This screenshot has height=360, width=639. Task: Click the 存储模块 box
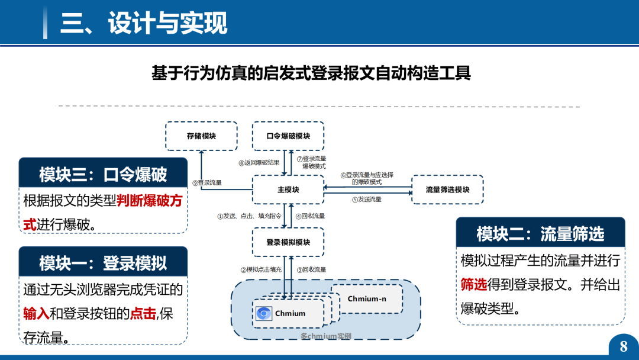(201, 136)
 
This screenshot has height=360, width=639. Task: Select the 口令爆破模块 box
(288, 136)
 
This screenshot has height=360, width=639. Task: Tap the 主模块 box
(288, 190)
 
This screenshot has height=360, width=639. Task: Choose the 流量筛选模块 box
(447, 190)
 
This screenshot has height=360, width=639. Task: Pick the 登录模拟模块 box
(288, 242)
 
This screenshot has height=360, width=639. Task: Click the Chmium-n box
(367, 299)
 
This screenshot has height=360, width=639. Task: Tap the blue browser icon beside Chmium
(264, 313)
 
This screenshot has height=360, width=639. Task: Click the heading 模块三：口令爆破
(103, 174)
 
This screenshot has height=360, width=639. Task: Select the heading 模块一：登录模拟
(103, 263)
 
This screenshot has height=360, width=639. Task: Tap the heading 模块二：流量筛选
(540, 234)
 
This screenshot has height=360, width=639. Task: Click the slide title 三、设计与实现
(144, 24)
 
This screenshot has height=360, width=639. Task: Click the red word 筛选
(473, 284)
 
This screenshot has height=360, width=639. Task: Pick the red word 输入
(36, 313)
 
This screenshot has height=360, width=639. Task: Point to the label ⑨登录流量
(207, 183)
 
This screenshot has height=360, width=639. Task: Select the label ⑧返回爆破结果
(259, 163)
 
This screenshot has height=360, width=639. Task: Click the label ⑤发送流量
(367, 200)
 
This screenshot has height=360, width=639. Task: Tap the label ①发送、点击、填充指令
(248, 216)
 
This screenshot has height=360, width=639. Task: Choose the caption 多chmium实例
(325, 336)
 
